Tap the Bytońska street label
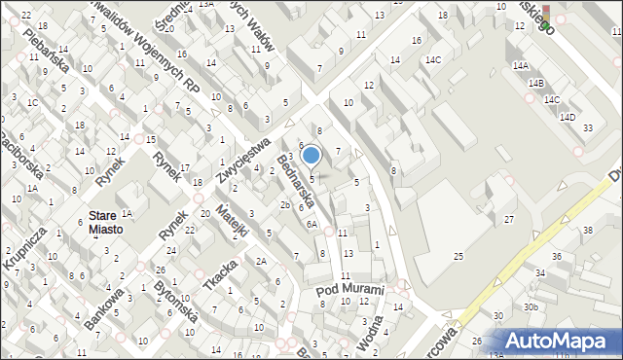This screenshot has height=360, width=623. point(176,303)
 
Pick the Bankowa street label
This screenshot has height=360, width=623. point(111,309)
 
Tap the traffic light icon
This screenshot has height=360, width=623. point(545,14)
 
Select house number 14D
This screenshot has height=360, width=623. point(568,117)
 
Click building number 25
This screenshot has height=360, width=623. point(458,256)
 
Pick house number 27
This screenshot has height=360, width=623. point(509,220)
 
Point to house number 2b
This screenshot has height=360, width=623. point(284,205)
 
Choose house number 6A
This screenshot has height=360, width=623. point(311,224)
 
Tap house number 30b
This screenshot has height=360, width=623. point(530,306)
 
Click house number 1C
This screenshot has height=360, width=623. point(33,102)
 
